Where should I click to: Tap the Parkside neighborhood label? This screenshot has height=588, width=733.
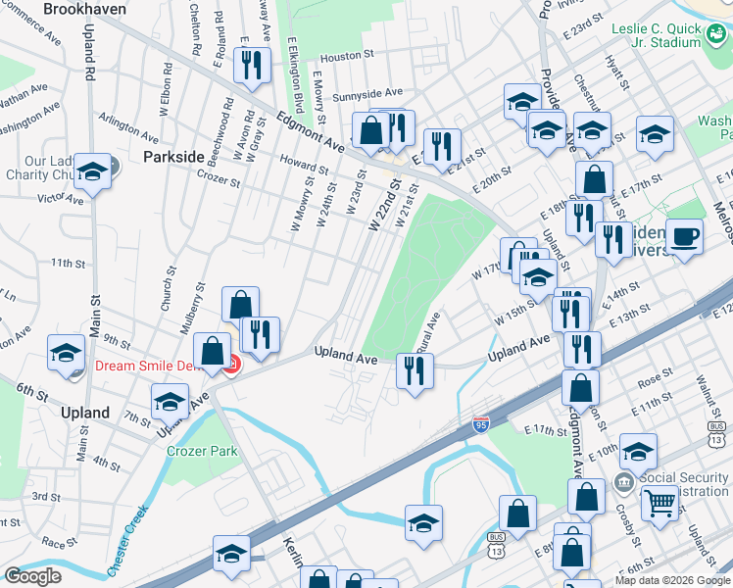173,157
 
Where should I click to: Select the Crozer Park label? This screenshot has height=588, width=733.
203,452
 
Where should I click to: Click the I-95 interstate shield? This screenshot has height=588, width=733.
480,423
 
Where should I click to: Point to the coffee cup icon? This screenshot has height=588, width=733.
684,236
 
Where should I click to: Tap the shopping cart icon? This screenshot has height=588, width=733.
660,504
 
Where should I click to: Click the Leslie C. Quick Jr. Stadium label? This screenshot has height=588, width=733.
657,36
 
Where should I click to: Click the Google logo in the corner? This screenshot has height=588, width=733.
32,576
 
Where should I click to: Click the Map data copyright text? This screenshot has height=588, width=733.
672,580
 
